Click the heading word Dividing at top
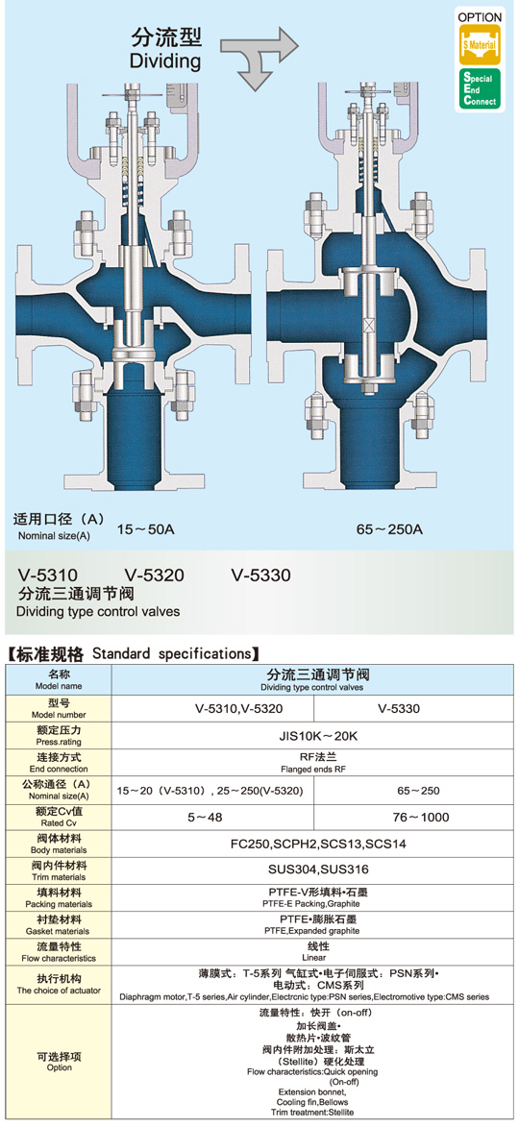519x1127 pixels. (x=164, y=61)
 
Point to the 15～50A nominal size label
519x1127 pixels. (x=146, y=530)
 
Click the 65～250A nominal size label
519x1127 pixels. (x=389, y=530)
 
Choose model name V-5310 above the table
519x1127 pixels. (x=48, y=575)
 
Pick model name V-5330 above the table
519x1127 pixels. (x=260, y=575)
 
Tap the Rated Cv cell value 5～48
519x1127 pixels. (x=212, y=818)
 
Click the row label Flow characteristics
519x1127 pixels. (x=59, y=958)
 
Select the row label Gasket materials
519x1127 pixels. (x=59, y=931)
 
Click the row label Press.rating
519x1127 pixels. (x=59, y=742)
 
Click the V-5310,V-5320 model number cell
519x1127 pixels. (x=212, y=709)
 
